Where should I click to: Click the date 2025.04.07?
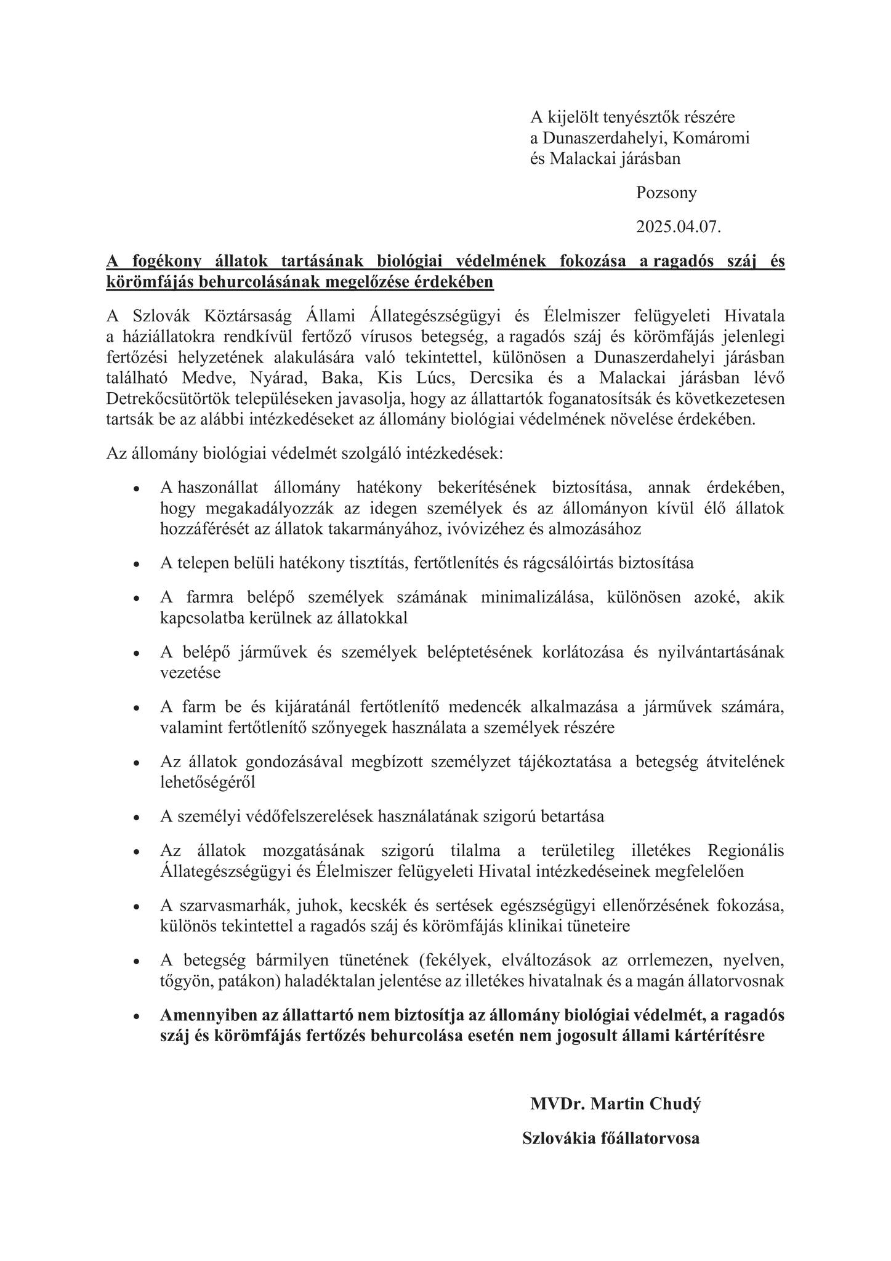click(x=678, y=227)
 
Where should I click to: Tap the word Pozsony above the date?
click(x=666, y=193)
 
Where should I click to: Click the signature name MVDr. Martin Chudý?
click(x=615, y=1104)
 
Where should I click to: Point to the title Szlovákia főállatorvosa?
click(x=611, y=1138)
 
